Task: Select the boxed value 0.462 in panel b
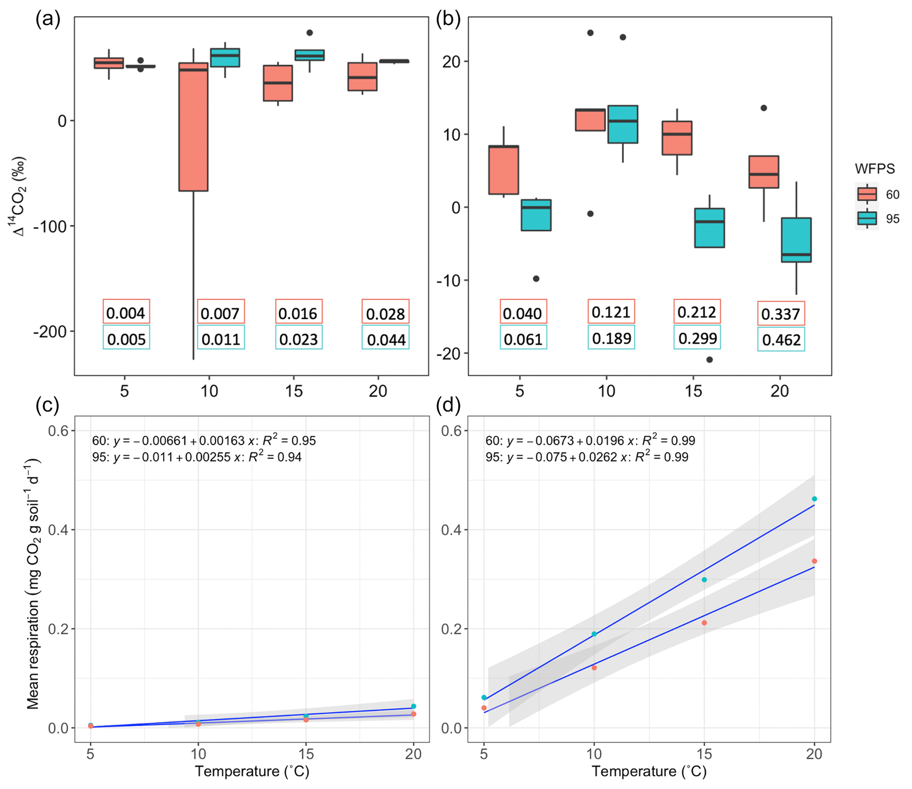pos(781,339)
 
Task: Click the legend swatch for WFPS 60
pos(867,194)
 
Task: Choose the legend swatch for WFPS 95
pos(867,218)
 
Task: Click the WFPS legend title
pos(874,169)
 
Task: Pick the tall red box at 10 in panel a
pos(193,127)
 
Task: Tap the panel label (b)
pos(448,19)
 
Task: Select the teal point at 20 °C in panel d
pos(814,499)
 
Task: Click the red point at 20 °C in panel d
pos(814,561)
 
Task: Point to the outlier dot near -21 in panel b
pos(709,360)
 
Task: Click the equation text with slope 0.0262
pos(587,457)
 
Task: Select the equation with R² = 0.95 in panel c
pos(204,441)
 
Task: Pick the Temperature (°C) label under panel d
pos(649,771)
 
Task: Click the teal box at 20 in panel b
pos(796,240)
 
